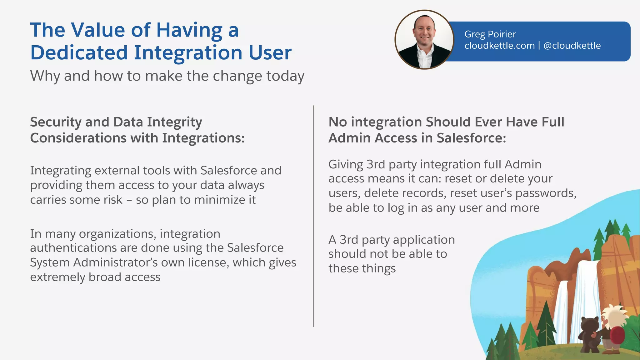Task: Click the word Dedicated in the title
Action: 79,52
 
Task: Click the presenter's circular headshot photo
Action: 424,40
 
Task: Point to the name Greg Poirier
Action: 490,34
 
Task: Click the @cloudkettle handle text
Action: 572,46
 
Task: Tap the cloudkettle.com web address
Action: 499,46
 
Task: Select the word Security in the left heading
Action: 56,122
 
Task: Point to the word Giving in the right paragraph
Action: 346,165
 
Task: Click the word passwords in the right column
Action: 544,193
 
